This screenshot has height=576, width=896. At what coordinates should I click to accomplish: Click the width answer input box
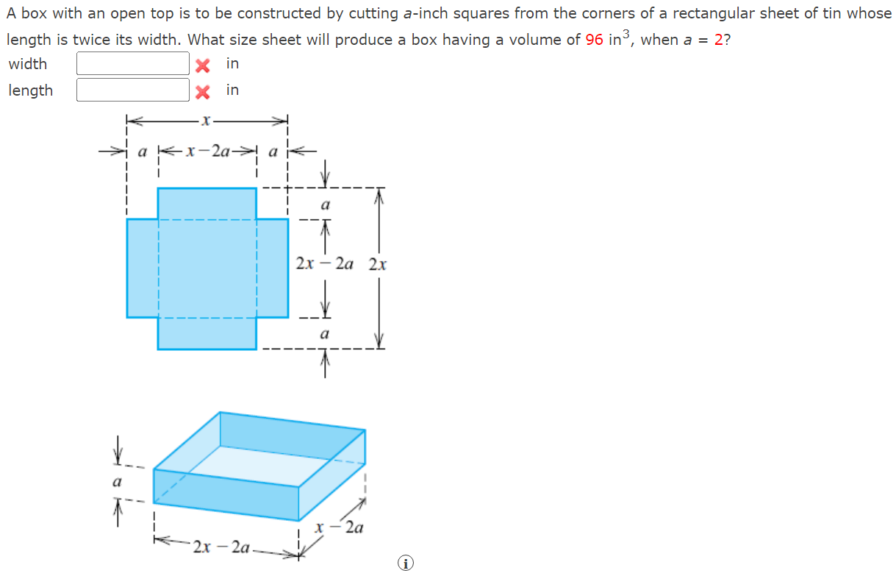(x=133, y=64)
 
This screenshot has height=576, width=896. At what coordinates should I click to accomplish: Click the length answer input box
(x=133, y=90)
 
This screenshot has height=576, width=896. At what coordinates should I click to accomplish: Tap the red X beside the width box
(x=203, y=65)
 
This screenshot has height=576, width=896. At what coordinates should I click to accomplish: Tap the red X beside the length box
(x=203, y=91)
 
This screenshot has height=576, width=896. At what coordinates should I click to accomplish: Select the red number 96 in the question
(x=594, y=40)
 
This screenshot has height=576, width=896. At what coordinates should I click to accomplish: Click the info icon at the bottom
(x=404, y=563)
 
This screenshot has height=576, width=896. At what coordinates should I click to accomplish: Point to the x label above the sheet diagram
(x=207, y=119)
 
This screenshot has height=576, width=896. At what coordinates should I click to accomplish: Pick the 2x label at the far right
(x=378, y=263)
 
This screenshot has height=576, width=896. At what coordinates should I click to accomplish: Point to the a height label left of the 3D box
(x=116, y=483)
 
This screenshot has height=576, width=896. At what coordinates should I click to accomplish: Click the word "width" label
(x=28, y=64)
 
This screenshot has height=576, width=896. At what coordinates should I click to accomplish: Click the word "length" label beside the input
(x=30, y=90)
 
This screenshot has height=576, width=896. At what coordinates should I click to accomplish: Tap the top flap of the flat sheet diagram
(x=207, y=203)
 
